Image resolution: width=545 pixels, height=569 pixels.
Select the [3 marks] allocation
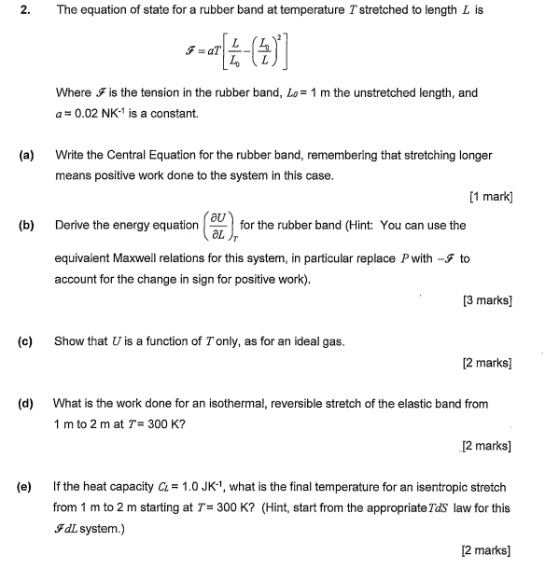[487, 300]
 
